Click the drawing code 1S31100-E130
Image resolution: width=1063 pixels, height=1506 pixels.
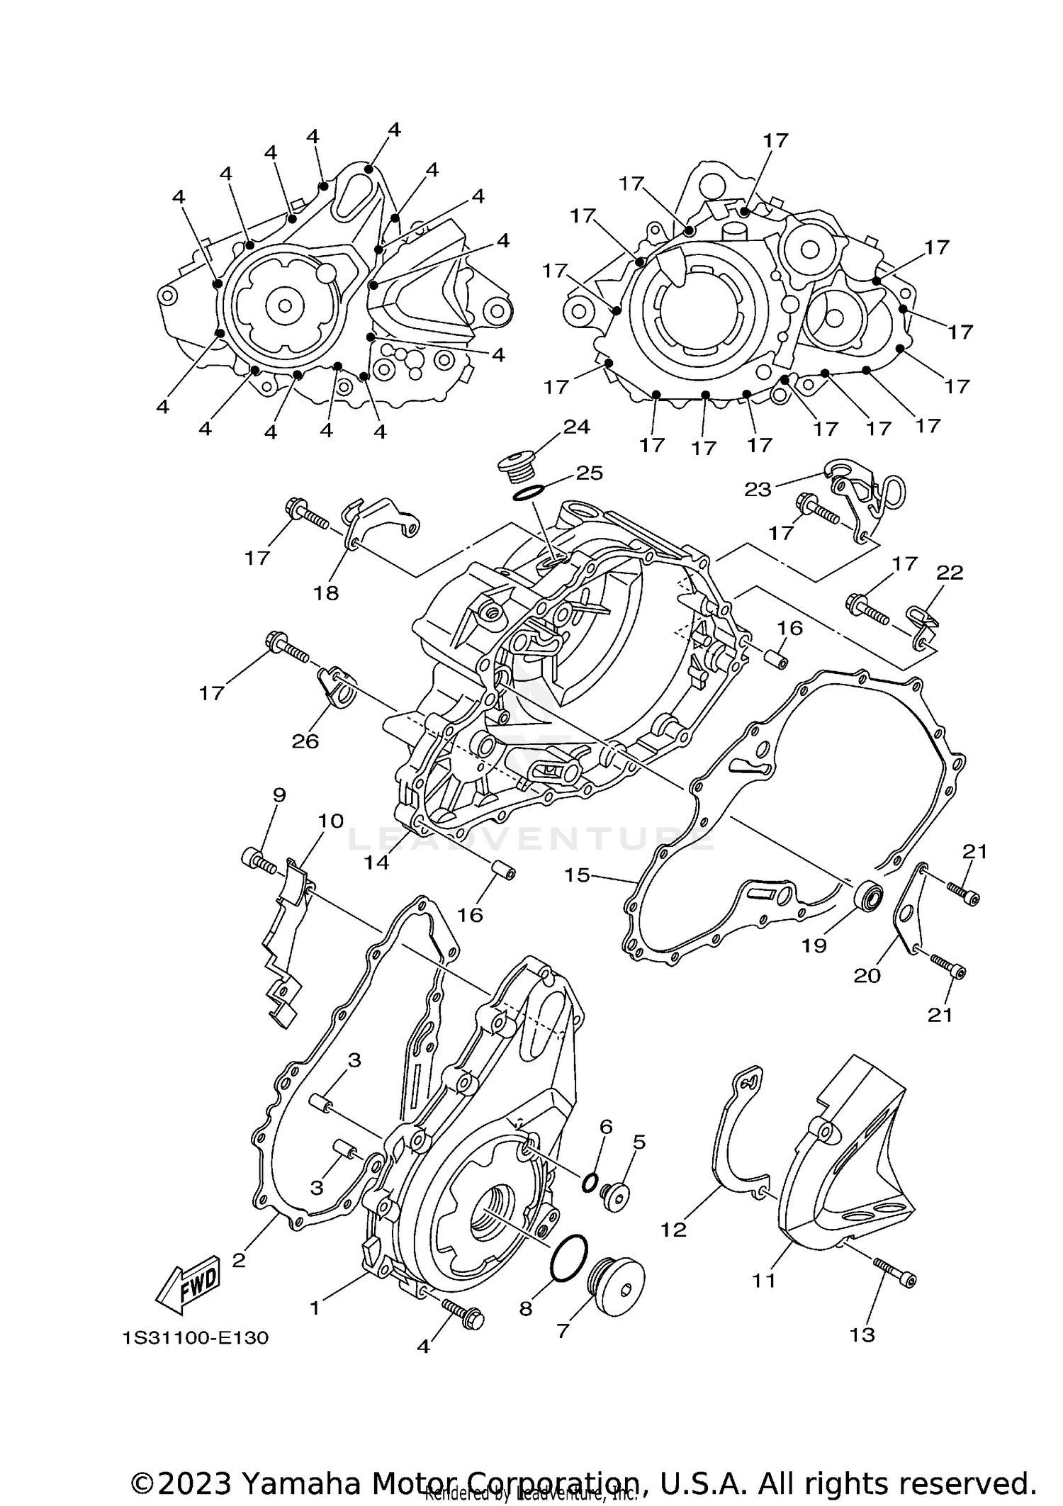pos(196,1338)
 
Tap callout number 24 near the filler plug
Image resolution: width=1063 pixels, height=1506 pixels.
pos(576,427)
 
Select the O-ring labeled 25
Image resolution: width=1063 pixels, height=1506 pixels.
pos(528,492)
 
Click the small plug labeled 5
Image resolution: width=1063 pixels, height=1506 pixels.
pos(615,1196)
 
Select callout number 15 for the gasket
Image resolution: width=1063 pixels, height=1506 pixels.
pos(577,875)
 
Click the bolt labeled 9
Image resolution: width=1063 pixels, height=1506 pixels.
pos(261,861)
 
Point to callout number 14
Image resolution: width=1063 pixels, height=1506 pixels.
pos(377,862)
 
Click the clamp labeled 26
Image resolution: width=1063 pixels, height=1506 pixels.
pos(336,685)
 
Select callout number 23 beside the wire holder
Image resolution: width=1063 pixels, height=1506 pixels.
pos(757,489)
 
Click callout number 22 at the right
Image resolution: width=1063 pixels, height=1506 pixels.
pos(950,573)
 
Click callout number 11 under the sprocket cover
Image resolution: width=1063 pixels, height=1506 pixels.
pos(764,1280)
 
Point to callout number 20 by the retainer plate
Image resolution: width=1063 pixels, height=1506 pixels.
pos(866,975)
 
